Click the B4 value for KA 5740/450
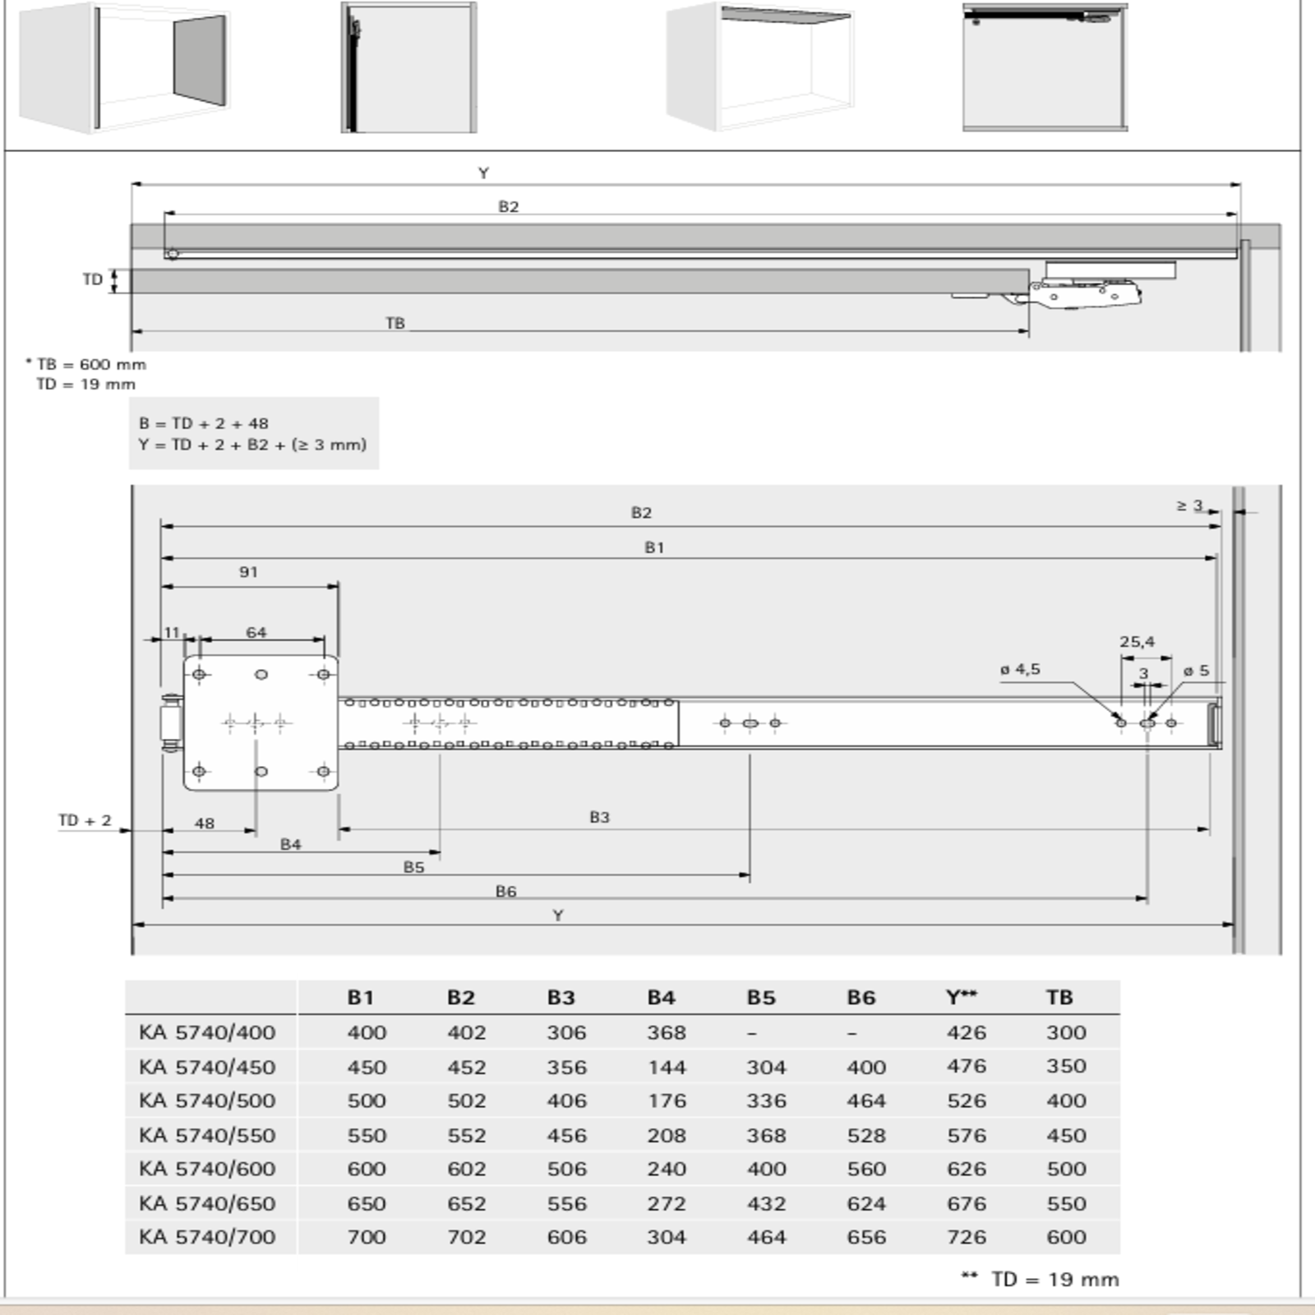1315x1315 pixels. (666, 1067)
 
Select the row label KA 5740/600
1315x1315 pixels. (207, 1169)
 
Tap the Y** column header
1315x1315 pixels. (962, 997)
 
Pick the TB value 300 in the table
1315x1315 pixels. (1066, 1032)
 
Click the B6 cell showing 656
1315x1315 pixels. (866, 1237)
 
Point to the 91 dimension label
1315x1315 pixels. (248, 572)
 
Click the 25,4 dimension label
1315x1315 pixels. (1137, 642)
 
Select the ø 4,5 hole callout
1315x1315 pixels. (1020, 670)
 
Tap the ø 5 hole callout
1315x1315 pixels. (1196, 671)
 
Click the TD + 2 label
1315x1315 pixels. (85, 820)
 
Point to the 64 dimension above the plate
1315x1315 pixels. (256, 632)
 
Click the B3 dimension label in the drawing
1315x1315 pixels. (599, 817)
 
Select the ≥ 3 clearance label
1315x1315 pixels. (1189, 505)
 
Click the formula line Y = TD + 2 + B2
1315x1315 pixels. (252, 445)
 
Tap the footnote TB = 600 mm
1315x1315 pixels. (91, 364)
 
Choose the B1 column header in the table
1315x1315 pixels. (360, 997)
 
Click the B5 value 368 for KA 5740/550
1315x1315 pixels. (766, 1135)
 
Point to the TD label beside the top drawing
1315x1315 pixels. (92, 279)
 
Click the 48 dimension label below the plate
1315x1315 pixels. (205, 823)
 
